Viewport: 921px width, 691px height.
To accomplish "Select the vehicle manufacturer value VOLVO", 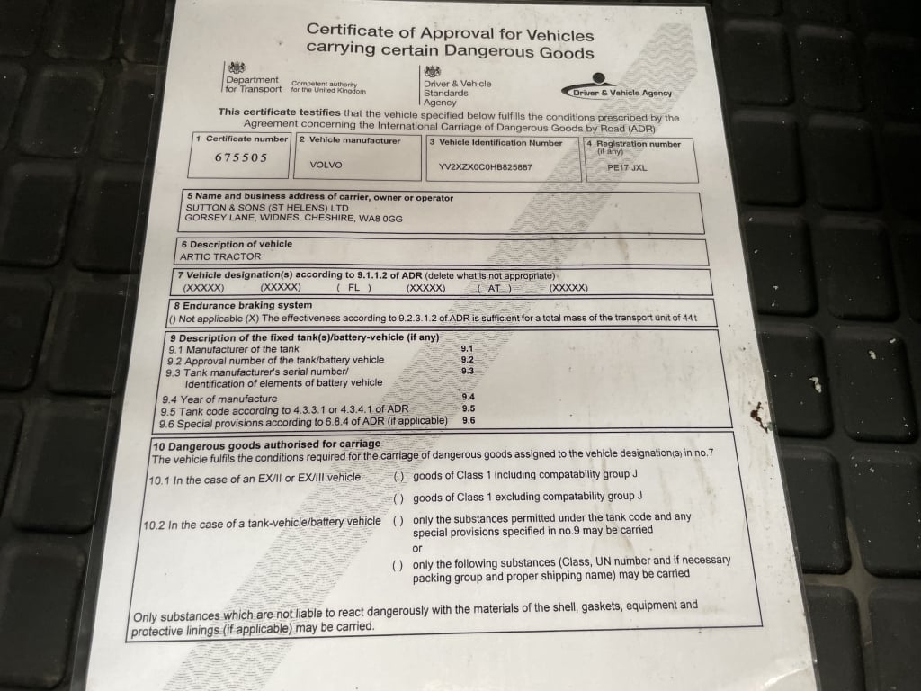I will point(326,166).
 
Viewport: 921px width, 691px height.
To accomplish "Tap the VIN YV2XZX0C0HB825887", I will point(485,167).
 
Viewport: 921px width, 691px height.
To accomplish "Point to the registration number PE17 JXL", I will point(627,167).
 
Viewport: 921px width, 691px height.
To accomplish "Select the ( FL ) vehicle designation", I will point(353,288).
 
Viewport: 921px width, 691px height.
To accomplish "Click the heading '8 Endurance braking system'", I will point(240,306).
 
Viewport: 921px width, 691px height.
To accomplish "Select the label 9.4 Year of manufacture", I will point(219,399).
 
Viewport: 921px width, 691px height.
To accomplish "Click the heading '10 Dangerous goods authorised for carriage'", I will point(266,444).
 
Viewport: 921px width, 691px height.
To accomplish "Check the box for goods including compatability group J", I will point(398,476).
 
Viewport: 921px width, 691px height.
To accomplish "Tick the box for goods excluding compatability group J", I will point(398,498).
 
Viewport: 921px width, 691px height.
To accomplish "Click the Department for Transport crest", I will point(237,67).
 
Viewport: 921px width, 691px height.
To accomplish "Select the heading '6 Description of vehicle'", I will point(237,244).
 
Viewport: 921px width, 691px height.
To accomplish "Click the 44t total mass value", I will point(690,319).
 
